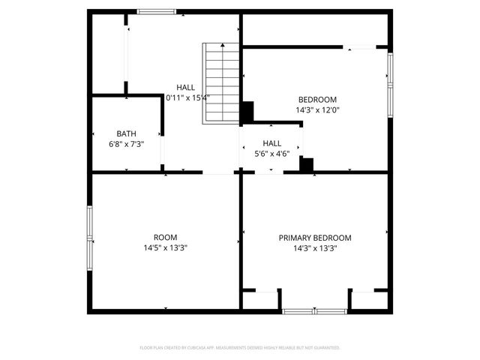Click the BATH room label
(x=126, y=133)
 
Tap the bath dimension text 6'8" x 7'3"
(x=126, y=144)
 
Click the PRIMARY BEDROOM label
(x=315, y=238)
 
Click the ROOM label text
(x=165, y=238)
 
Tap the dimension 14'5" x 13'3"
(x=165, y=248)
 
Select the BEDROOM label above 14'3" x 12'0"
(x=317, y=100)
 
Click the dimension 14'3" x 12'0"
(x=317, y=110)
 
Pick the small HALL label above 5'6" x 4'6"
(x=271, y=143)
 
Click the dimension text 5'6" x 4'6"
(x=271, y=154)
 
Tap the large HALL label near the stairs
(x=185, y=87)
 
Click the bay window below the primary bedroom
(x=315, y=310)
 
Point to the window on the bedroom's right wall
(x=390, y=82)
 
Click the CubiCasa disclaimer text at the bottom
(x=240, y=348)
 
